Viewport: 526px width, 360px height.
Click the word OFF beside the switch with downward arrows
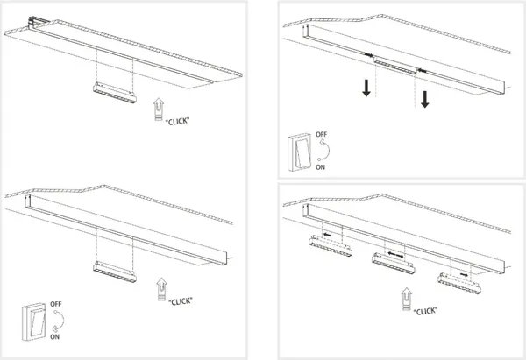(x=321, y=134)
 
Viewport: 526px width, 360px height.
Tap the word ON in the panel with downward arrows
(x=320, y=167)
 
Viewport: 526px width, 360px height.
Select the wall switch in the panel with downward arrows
(x=299, y=152)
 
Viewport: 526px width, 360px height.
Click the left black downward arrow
(x=366, y=88)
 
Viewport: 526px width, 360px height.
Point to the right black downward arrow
(x=425, y=100)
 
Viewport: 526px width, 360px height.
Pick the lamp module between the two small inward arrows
(x=395, y=66)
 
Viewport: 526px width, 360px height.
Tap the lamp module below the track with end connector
(x=115, y=93)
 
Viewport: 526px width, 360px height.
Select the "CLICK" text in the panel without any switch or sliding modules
(x=177, y=121)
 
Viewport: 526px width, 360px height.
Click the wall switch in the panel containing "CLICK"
(x=34, y=322)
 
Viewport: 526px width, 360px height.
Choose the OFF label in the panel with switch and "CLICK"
(x=56, y=304)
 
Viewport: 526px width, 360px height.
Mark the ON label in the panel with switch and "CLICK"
(x=55, y=336)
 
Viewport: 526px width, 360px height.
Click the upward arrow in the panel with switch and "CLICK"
(x=161, y=289)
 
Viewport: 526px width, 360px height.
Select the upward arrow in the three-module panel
(x=407, y=299)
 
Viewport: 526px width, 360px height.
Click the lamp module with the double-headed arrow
(x=393, y=263)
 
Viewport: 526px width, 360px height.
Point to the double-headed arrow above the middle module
(x=395, y=255)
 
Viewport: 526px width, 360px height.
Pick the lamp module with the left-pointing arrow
(x=331, y=246)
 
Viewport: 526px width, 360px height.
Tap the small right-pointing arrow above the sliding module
(x=465, y=275)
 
